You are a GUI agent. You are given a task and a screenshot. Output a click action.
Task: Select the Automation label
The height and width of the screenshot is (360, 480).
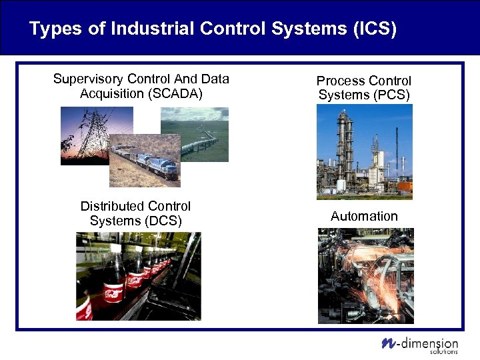[x=364, y=216]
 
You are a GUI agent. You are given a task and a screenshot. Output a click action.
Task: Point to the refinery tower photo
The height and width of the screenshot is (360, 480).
[x=364, y=151]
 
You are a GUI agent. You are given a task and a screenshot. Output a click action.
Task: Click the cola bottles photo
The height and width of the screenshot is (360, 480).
[x=138, y=276]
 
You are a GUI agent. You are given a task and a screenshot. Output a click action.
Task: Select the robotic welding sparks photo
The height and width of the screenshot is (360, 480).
[x=365, y=275]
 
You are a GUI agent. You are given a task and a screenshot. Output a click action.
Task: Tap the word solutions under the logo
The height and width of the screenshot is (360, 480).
[x=444, y=352]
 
